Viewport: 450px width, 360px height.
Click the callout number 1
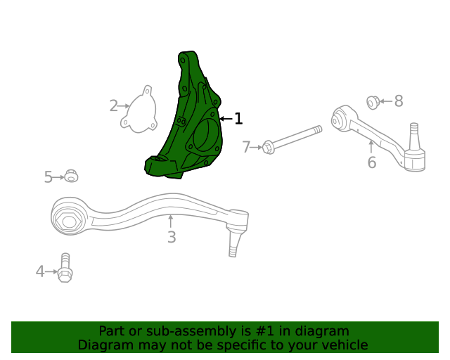(238, 119)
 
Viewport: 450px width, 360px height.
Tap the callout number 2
(114, 106)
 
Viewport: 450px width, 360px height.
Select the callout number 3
(172, 238)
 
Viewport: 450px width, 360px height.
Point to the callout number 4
(40, 271)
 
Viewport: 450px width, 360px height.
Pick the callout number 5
(49, 177)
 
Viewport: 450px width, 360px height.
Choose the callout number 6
(371, 163)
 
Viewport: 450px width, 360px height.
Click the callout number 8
(399, 101)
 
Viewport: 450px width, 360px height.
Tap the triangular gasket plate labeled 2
(139, 110)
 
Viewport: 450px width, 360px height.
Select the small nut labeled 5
(71, 176)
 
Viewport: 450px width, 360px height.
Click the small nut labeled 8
(373, 103)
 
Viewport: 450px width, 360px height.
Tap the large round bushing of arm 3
(69, 220)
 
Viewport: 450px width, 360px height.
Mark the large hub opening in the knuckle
(205, 135)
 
